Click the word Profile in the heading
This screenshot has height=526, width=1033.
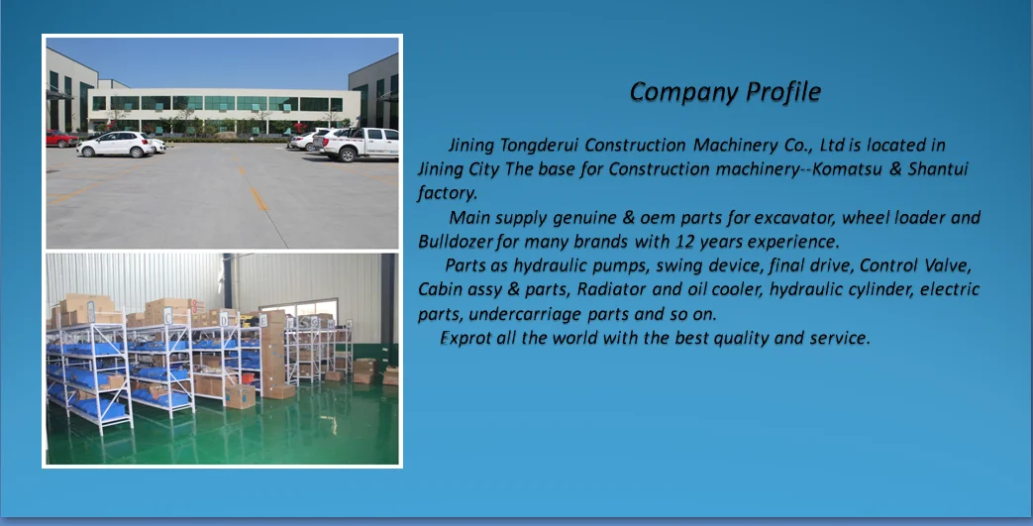point(782,92)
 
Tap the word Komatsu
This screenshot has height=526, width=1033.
point(848,168)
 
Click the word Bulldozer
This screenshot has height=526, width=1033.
point(456,242)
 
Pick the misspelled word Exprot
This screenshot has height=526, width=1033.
point(465,338)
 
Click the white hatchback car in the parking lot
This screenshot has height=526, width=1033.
point(116,144)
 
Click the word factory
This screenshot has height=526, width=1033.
point(447,194)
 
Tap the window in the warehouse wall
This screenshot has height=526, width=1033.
point(299,310)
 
